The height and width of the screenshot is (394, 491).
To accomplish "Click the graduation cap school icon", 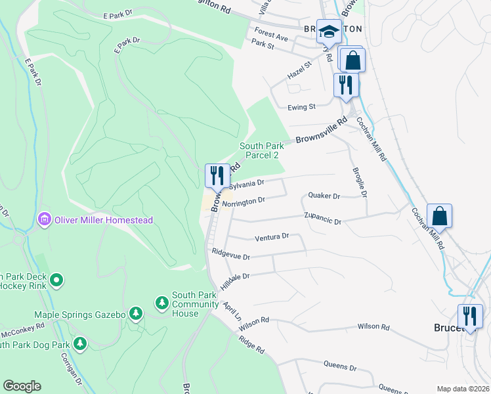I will click(x=328, y=31).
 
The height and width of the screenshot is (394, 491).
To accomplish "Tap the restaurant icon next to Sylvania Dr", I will click(x=217, y=175).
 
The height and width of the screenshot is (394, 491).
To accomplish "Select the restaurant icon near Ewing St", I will click(x=345, y=85).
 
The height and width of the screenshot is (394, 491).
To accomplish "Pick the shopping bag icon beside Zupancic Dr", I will click(x=439, y=215).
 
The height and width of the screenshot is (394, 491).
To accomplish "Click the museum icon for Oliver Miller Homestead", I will click(x=45, y=219).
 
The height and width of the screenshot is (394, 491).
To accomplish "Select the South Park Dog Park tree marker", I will click(x=79, y=343).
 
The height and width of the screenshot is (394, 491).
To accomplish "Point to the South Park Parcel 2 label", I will click(x=262, y=150).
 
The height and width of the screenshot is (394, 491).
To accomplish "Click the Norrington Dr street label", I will click(x=243, y=202).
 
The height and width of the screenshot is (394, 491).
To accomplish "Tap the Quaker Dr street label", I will click(x=324, y=196).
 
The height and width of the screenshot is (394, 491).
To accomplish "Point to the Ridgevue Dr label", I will click(x=230, y=254).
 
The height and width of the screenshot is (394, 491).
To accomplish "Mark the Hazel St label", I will click(x=300, y=76).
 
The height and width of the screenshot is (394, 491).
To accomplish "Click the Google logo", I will click(x=22, y=386).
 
